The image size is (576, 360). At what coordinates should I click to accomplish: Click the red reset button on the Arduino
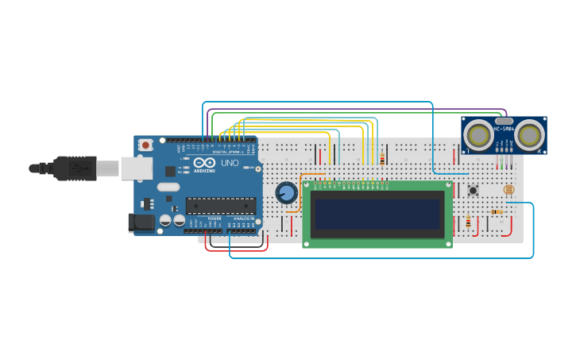point(145,145)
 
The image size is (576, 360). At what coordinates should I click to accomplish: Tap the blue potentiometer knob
point(286,192)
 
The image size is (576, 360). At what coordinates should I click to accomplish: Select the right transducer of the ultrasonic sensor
point(529,134)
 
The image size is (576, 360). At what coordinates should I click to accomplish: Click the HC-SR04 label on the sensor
point(504,128)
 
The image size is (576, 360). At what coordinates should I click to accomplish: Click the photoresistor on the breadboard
point(508,190)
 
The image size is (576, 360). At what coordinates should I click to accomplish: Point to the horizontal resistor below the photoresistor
point(497,212)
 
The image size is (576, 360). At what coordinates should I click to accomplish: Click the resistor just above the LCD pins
point(382,160)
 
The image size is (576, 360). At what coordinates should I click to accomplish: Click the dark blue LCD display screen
point(377,214)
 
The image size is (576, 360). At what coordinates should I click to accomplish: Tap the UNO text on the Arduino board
point(229,163)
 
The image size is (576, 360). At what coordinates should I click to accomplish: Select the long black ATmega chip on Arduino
point(220,206)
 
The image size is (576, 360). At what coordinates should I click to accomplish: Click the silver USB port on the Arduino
point(137,168)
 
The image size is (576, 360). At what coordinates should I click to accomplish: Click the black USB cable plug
point(75,168)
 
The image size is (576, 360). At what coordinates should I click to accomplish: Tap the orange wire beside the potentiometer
point(300,191)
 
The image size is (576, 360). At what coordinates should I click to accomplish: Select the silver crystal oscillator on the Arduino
point(168,188)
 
